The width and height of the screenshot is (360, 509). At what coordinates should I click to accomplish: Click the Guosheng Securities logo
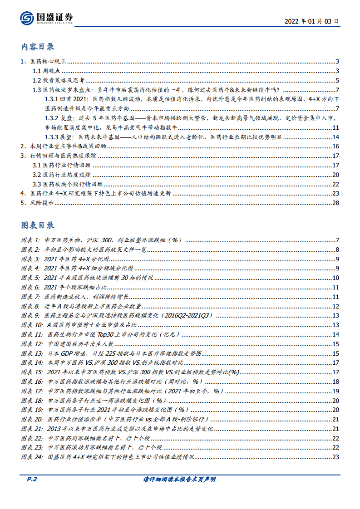tap(46, 18)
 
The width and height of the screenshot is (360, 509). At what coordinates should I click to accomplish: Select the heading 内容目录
tap(38, 47)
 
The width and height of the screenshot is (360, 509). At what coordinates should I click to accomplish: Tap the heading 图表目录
tap(38, 225)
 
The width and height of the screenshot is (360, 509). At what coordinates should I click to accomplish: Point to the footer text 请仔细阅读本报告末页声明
tap(179, 480)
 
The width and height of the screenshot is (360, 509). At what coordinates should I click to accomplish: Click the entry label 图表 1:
tap(30, 240)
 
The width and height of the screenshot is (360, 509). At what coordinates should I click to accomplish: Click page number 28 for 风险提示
tap(336, 203)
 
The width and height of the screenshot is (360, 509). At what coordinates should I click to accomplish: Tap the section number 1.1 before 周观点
tap(37, 71)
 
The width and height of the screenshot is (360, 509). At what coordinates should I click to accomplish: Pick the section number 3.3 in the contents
tap(37, 184)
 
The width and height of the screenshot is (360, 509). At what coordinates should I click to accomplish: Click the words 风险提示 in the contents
tap(42, 203)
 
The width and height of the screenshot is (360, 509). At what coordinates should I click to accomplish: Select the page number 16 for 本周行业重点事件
tap(336, 146)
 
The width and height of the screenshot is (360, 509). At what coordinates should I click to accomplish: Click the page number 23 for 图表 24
tap(336, 457)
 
